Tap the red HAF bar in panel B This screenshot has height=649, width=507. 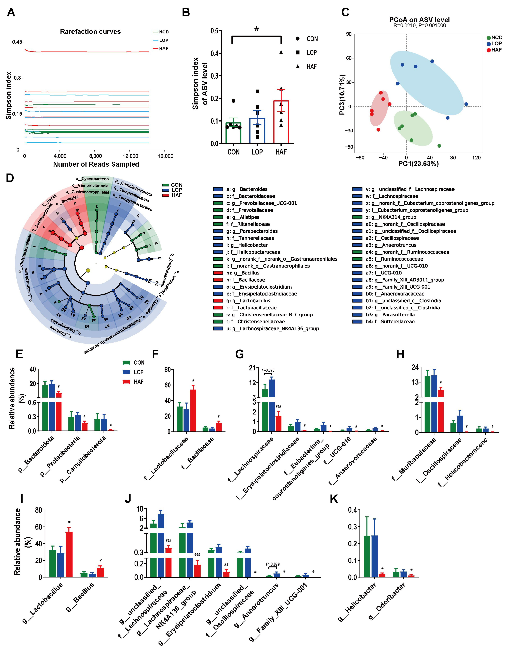tap(281, 122)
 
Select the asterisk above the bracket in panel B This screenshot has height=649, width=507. tap(256, 29)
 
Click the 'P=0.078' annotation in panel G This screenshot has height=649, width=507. tap(268, 370)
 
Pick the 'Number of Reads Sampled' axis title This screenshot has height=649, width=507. tap(96, 164)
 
